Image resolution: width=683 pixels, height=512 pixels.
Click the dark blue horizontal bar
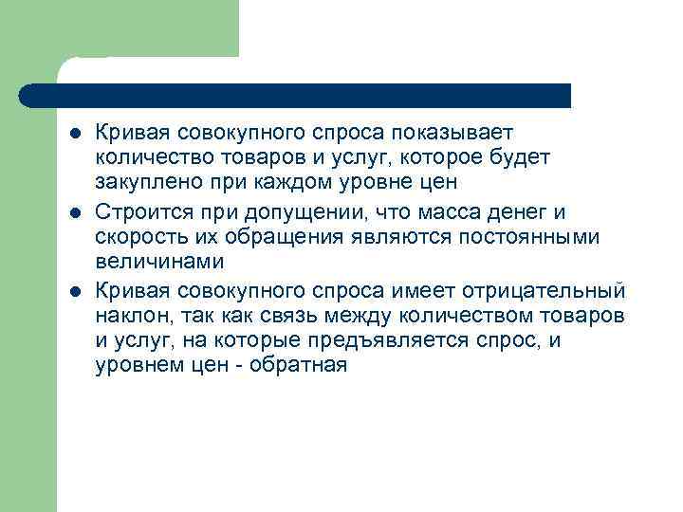tap(294, 95)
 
